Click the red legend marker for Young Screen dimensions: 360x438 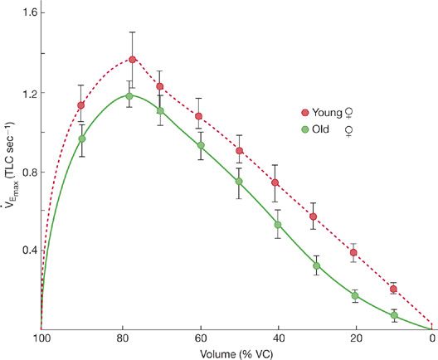[304, 110]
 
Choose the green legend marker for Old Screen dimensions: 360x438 [304, 129]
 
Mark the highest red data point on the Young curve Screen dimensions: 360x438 [132, 60]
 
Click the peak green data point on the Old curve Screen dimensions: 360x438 [129, 96]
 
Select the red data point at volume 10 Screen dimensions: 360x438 [393, 289]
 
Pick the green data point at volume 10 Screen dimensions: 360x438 [394, 315]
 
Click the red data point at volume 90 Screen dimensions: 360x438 [80, 105]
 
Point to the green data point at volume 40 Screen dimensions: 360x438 [278, 225]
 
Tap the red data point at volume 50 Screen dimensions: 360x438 [239, 151]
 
